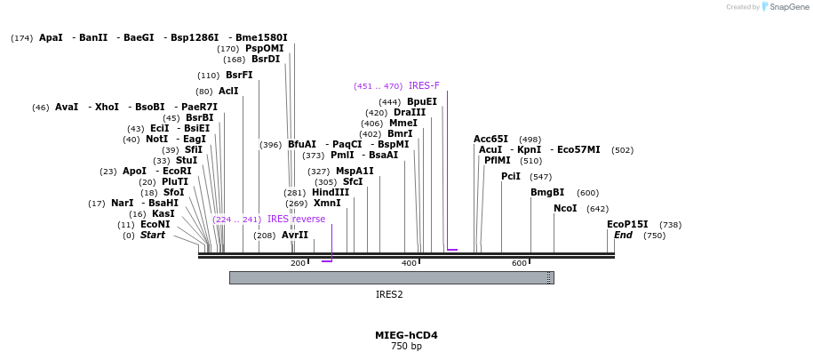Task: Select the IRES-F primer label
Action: point(424,86)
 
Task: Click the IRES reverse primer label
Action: point(296,219)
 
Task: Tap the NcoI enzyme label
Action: point(565,208)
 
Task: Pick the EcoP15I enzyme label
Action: point(627,224)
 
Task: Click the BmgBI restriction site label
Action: point(547,192)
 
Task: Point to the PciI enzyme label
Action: point(511,176)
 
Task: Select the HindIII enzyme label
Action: point(331,192)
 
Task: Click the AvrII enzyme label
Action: point(295,236)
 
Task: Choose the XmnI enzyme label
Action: point(327,203)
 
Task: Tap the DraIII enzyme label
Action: point(410,112)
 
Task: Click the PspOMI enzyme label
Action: point(265,48)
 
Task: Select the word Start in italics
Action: point(153,236)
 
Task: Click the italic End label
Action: point(624,236)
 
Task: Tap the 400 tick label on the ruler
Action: point(410,263)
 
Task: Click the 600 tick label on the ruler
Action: point(519,263)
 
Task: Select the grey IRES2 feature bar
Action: point(391,277)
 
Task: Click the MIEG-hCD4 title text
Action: point(406,336)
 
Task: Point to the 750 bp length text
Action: point(406,347)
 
